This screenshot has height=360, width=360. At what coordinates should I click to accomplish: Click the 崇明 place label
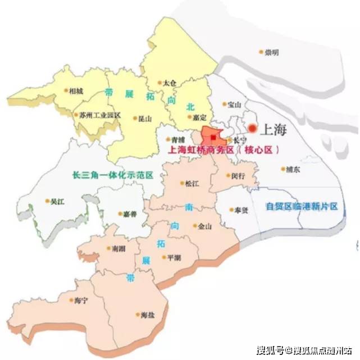coord(272,52)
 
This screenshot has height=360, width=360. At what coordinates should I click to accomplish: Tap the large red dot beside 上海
coord(252,129)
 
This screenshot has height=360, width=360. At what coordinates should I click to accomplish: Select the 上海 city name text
coord(274,129)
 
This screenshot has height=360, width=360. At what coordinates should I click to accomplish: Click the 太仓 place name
coord(170,83)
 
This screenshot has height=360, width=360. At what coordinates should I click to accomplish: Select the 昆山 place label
coord(145,119)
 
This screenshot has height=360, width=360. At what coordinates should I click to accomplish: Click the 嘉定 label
coord(199,117)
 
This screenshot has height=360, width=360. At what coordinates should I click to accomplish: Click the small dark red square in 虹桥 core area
coord(213,136)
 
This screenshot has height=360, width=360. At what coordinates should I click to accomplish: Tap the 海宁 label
coord(81,300)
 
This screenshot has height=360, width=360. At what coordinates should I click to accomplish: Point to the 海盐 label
coord(148,315)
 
